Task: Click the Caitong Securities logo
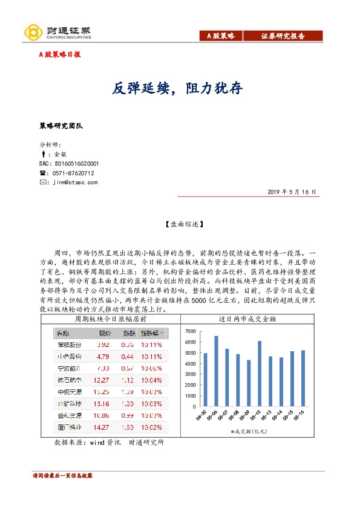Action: tap(57, 32)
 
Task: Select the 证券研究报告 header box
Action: tap(283, 36)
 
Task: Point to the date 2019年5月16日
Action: tap(292, 192)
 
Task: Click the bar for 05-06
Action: tap(216, 371)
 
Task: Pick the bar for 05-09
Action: tap(249, 383)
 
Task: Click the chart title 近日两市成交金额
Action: tap(260, 318)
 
